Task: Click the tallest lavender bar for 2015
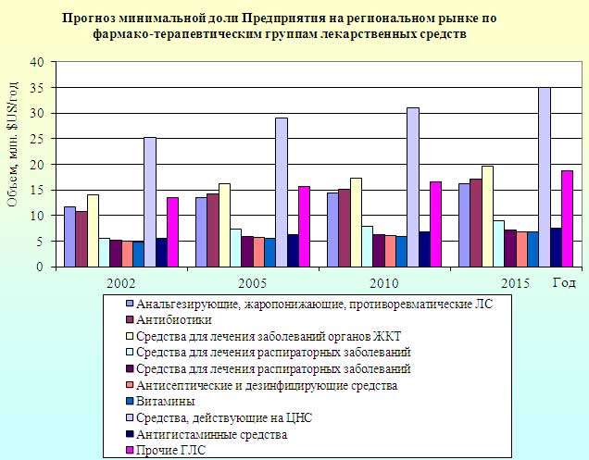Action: (x=545, y=177)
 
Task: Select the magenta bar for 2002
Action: (x=172, y=231)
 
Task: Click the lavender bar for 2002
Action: (x=149, y=202)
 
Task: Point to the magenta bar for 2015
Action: (x=567, y=218)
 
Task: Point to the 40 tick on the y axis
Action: (x=37, y=62)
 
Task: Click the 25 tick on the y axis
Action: (x=37, y=139)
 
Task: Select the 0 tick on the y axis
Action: (x=41, y=267)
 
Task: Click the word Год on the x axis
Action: (x=564, y=281)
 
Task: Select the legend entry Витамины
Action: (x=165, y=402)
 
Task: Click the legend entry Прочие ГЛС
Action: (x=170, y=450)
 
